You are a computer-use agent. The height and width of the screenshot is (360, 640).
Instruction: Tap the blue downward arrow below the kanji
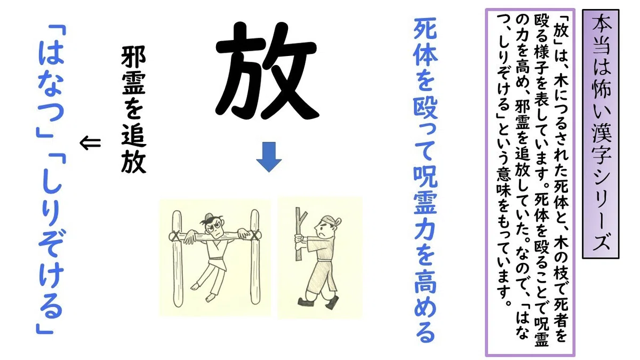(x=269, y=157)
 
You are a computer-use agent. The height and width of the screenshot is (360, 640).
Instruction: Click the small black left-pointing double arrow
(x=90, y=143)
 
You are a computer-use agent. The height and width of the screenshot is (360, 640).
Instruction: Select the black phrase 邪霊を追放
(x=133, y=110)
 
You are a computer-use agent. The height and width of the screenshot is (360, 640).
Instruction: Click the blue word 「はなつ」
(x=51, y=81)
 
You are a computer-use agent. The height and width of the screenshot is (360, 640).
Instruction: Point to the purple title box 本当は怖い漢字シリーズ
(x=601, y=134)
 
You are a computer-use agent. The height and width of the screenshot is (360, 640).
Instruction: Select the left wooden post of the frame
(x=177, y=259)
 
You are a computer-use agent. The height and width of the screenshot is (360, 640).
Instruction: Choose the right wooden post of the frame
(x=255, y=257)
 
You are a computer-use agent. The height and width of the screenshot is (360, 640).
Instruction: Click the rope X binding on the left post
(x=175, y=236)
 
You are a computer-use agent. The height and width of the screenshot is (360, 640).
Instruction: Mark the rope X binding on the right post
(x=255, y=235)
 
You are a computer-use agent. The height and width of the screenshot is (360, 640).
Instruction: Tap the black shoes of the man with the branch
(x=318, y=302)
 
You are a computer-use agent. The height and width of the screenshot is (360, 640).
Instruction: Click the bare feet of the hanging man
(x=203, y=291)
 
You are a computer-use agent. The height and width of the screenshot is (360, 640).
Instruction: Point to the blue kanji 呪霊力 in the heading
(x=426, y=206)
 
